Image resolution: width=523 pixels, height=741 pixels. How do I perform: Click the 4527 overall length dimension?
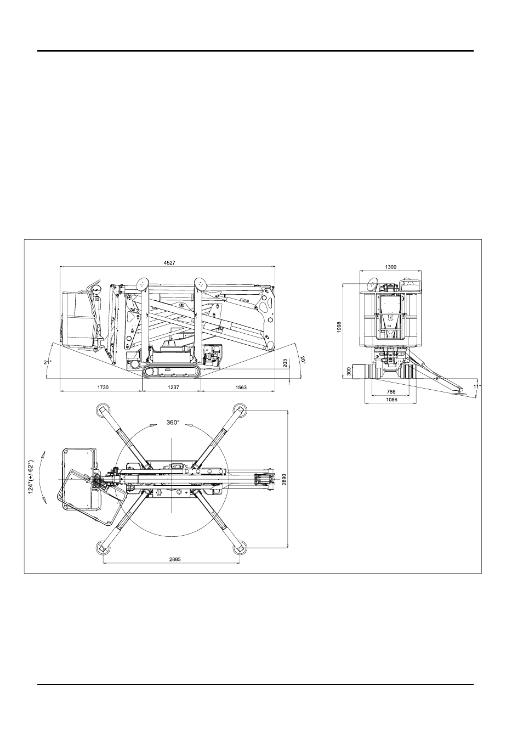pos(169,263)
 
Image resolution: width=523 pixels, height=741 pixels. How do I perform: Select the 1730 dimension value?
pos(103,388)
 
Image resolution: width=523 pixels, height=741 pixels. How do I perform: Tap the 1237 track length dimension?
pos(173,388)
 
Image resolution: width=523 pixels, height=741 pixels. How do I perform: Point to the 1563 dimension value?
pos(241,388)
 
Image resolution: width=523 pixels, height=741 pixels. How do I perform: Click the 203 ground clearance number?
pos(285,363)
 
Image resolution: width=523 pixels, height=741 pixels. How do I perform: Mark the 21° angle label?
pos(48,362)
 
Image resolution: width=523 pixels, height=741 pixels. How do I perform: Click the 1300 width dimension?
pos(391,267)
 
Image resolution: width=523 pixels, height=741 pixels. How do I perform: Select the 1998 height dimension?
pos(339,327)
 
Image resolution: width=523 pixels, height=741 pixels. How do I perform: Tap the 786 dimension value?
pos(391,392)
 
